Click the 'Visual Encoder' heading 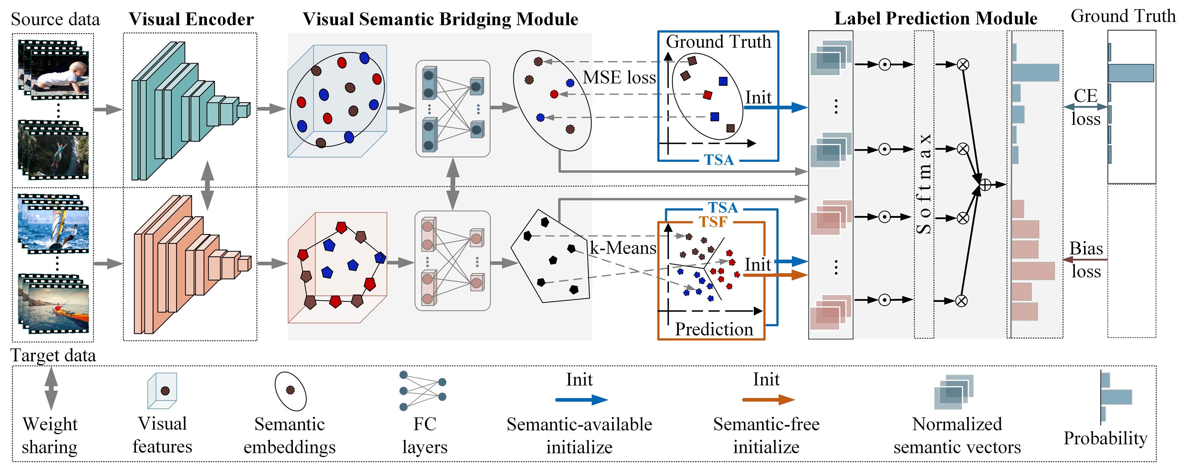[191, 19]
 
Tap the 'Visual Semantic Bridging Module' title [440, 19]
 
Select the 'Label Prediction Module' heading [936, 18]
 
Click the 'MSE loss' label [619, 77]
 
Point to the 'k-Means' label [623, 248]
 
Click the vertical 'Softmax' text [924, 184]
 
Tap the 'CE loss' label [1086, 107]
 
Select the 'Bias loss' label [1086, 260]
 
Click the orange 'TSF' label [713, 222]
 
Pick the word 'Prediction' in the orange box [714, 329]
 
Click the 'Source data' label [55, 19]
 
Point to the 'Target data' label [53, 355]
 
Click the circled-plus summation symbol [985, 185]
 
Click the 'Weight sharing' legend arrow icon [51, 388]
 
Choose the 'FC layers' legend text [425, 435]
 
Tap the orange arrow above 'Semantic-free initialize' [768, 399]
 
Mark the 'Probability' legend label [1105, 438]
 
